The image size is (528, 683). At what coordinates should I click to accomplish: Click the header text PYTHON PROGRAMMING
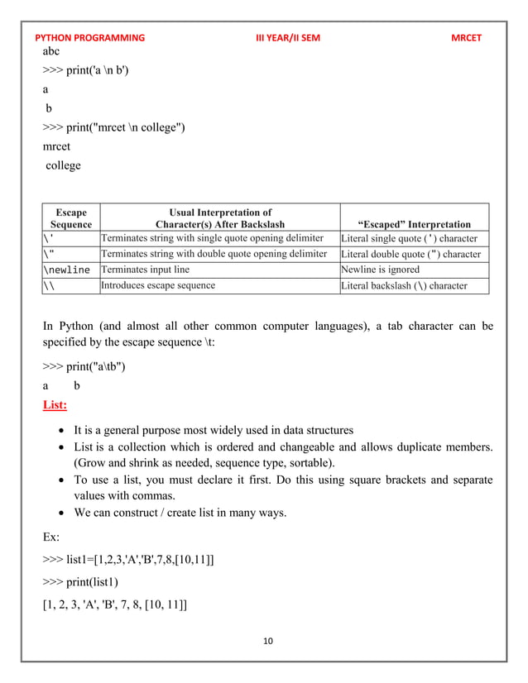tap(89, 38)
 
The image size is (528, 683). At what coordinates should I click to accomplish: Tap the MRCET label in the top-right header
tap(466, 38)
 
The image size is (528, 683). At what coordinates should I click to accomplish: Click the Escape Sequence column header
tap(70, 218)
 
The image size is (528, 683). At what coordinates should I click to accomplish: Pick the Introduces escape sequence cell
tap(157, 285)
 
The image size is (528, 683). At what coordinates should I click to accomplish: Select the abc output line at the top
tap(51, 50)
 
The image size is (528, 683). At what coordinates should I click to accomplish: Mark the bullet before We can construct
tap(61, 513)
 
